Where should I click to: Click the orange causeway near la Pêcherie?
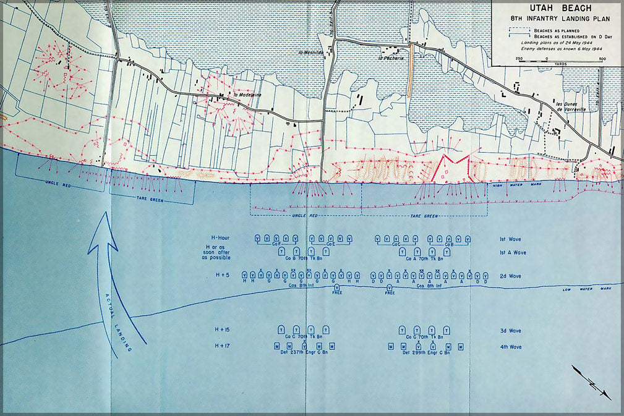tap(410, 69)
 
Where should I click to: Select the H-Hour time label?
tap(221, 238)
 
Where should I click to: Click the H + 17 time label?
tap(222, 346)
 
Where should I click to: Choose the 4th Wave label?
tap(510, 347)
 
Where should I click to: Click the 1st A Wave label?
tap(513, 252)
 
